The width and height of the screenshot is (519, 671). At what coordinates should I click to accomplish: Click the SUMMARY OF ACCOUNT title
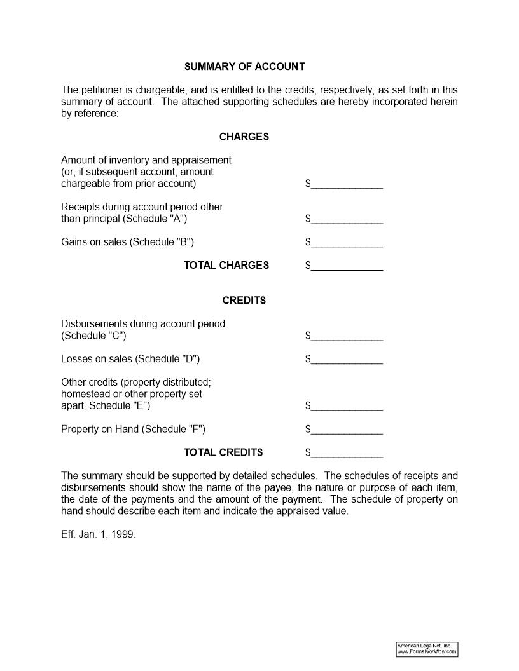[244, 66]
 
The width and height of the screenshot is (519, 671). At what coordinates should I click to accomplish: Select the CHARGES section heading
[244, 137]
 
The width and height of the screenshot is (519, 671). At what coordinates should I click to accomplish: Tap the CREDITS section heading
[244, 300]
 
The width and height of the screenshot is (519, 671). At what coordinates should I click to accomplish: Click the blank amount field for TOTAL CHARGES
[347, 266]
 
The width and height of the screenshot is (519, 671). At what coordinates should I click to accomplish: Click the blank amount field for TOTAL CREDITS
[347, 452]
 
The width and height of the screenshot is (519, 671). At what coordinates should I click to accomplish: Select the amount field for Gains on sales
[347, 242]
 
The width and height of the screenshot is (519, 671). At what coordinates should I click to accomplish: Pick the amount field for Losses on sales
[347, 359]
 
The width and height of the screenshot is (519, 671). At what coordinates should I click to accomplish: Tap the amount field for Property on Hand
[347, 429]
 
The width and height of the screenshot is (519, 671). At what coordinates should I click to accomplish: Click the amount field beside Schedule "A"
[347, 219]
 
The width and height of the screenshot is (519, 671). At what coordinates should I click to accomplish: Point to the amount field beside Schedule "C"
[347, 335]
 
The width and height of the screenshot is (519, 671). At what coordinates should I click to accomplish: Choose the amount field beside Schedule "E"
[347, 405]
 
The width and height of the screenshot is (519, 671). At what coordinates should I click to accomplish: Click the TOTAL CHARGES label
[226, 266]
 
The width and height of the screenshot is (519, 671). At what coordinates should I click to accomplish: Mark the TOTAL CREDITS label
[223, 452]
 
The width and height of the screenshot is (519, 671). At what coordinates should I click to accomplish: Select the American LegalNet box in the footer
[427, 649]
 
